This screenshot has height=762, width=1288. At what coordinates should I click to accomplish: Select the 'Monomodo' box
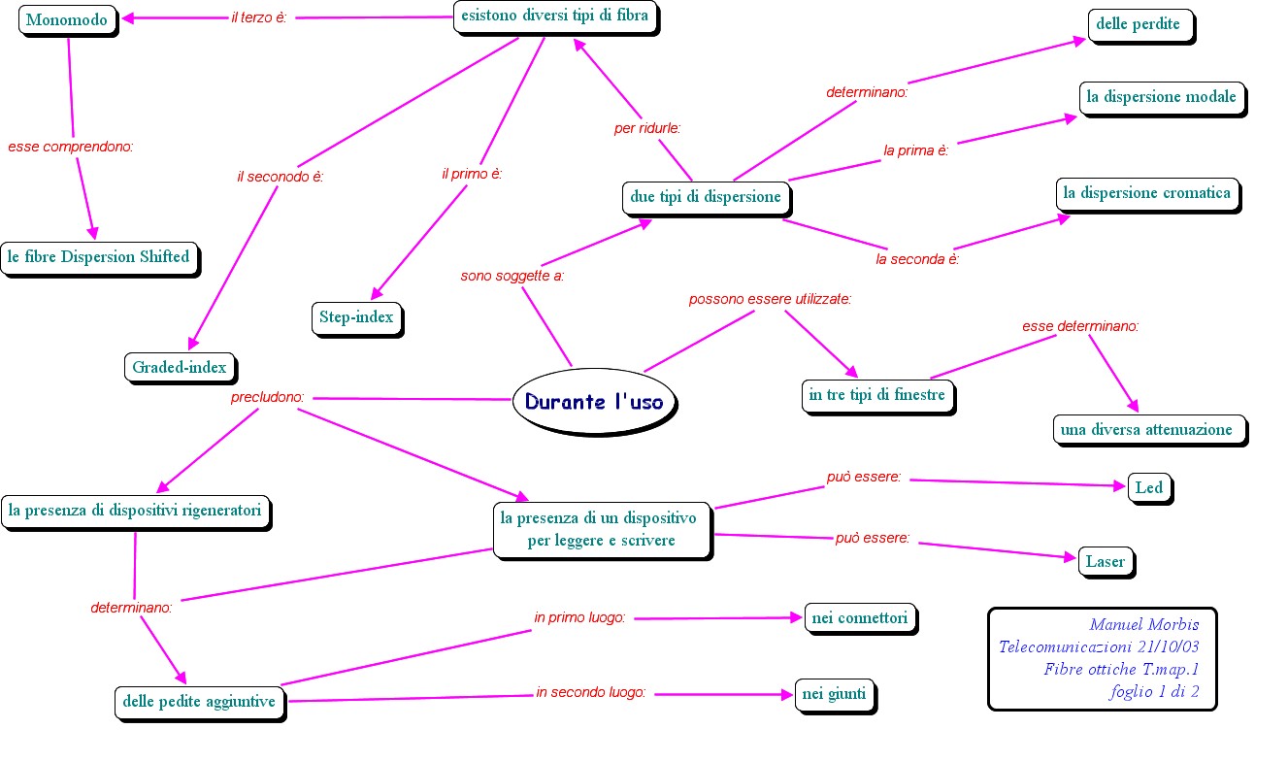click(x=67, y=19)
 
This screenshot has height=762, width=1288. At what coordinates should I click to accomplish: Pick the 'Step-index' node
click(x=356, y=317)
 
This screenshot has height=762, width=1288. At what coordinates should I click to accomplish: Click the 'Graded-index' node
click(x=179, y=367)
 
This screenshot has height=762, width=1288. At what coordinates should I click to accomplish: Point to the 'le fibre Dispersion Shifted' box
click(x=98, y=257)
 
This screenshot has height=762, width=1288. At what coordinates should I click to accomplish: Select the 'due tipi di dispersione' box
click(x=706, y=197)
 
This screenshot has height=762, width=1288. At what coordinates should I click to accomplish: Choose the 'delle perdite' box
click(x=1139, y=24)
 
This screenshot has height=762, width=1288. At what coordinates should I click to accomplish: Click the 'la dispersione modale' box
click(x=1161, y=97)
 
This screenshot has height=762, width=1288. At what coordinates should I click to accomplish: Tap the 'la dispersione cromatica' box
click(x=1146, y=193)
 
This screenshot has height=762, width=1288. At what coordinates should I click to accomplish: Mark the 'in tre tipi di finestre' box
click(x=877, y=396)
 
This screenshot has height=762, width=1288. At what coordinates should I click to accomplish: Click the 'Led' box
click(x=1148, y=487)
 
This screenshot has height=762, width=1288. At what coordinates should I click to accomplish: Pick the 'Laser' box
click(x=1105, y=561)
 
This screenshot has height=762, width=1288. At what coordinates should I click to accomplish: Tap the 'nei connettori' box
click(x=860, y=617)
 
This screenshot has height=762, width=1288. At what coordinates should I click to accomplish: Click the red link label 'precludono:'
click(x=268, y=397)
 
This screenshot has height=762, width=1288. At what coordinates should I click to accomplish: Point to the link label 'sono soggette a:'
click(x=512, y=276)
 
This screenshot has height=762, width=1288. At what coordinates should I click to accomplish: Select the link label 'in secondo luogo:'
click(x=590, y=693)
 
